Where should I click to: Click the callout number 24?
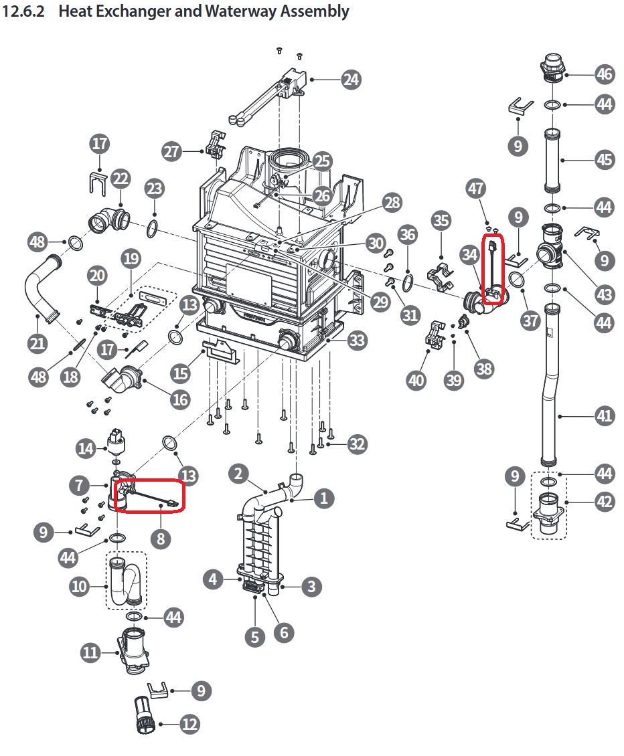click(350, 80)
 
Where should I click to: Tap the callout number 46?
click(604, 73)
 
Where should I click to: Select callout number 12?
click(189, 723)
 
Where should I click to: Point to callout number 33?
click(357, 340)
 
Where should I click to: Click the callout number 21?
click(37, 343)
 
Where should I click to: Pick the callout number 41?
click(604, 416)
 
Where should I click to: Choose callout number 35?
click(441, 220)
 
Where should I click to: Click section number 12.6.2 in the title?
click(24, 11)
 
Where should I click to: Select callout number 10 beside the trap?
click(80, 587)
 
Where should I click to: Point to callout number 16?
click(179, 399)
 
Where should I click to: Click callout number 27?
click(172, 151)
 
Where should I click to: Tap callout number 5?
click(254, 637)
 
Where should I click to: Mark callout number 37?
click(530, 320)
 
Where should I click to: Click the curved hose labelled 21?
click(39, 288)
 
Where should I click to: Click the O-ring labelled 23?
click(153, 228)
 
